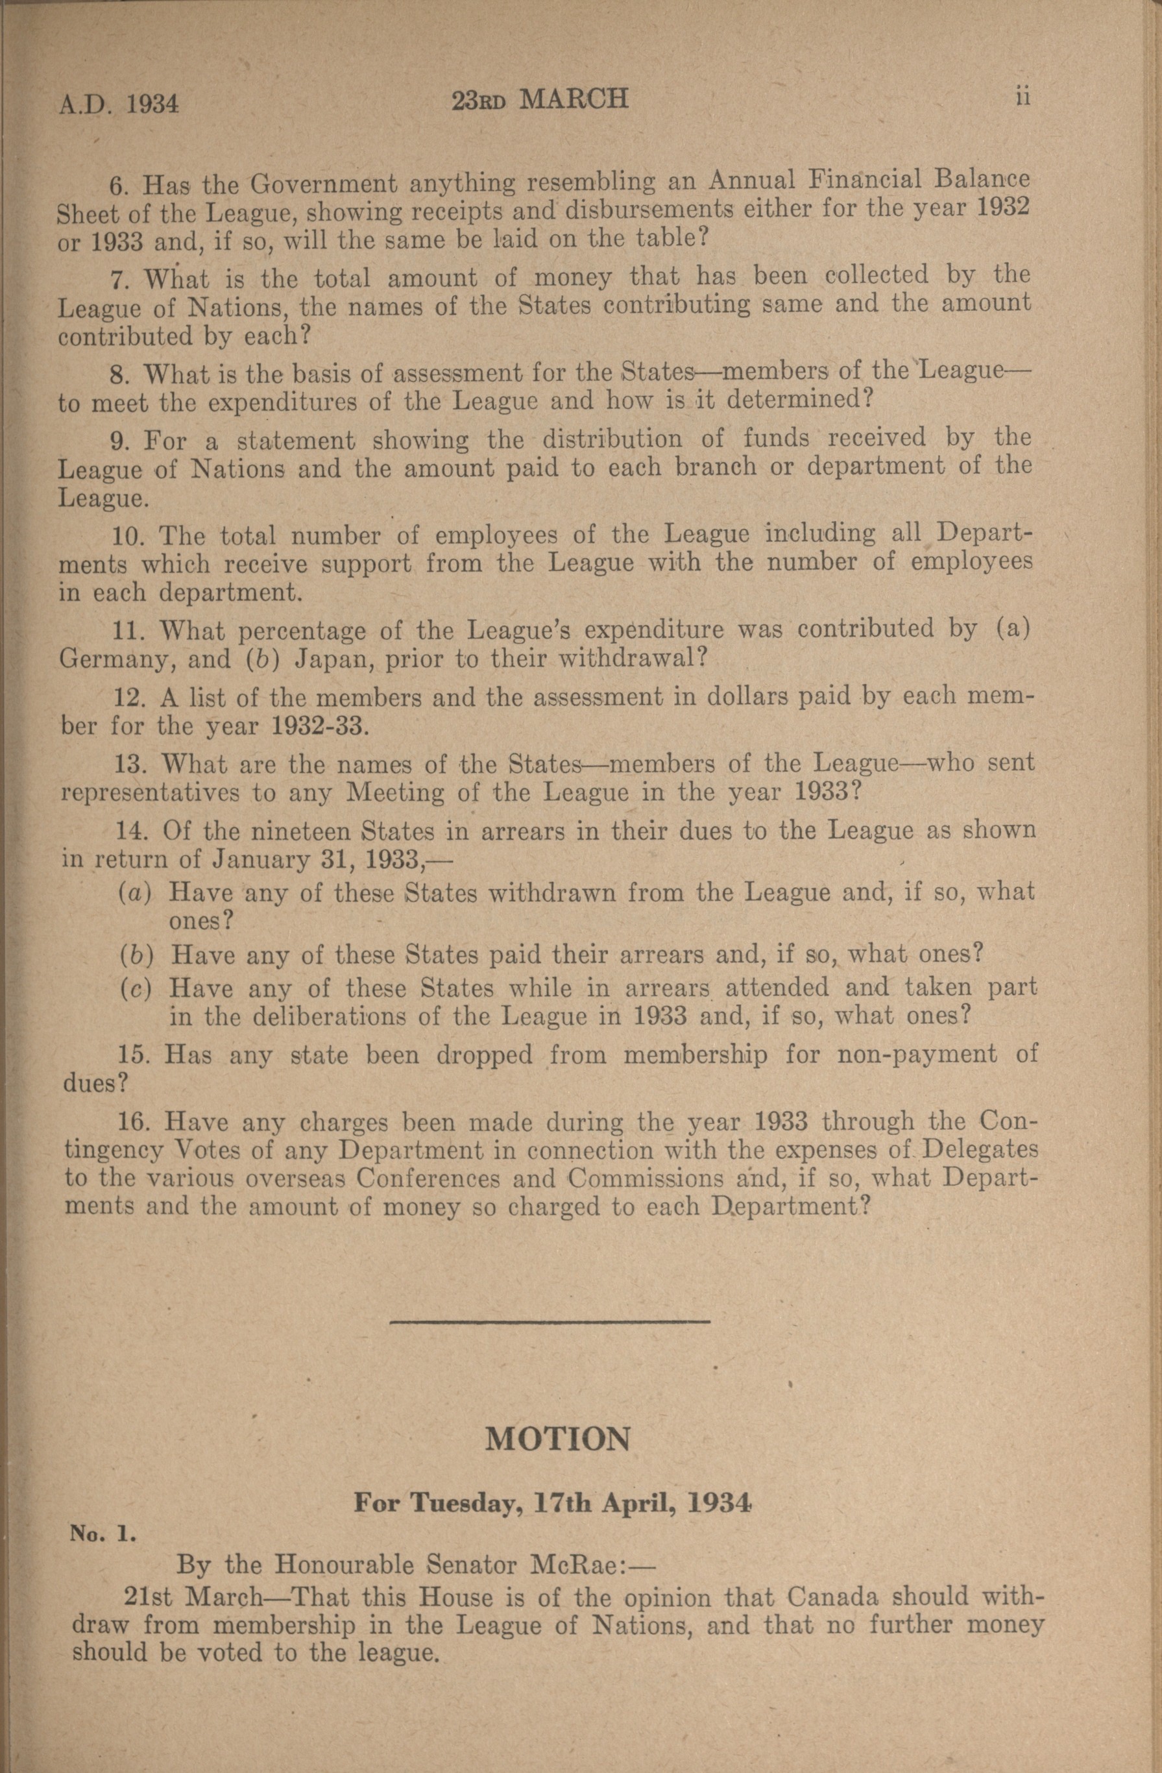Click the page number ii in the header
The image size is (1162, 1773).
1022,97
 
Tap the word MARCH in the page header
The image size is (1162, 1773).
574,99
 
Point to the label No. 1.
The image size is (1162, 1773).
103,1534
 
